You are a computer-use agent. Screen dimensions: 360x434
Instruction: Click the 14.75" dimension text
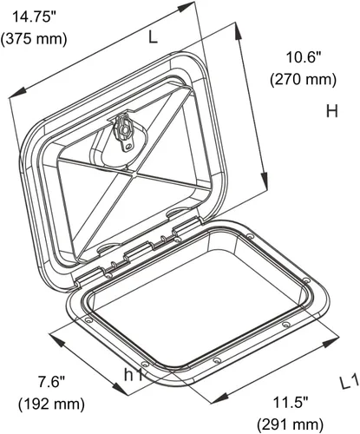[x=34, y=17]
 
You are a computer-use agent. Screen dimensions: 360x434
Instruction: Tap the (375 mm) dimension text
[x=34, y=39]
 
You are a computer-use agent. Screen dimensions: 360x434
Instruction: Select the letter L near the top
[x=153, y=37]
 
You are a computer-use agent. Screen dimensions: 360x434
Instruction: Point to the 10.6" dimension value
[x=304, y=57]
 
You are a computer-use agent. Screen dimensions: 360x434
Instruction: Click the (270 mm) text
[x=304, y=79]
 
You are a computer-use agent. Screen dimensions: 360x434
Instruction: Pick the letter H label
[x=332, y=111]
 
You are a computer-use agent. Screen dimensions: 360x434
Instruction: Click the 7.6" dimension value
[x=52, y=382]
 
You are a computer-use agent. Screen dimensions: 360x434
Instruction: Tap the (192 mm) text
[x=52, y=404]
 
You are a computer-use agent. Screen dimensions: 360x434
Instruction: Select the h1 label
[x=134, y=375]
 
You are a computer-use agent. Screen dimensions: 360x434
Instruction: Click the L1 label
[x=350, y=384]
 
